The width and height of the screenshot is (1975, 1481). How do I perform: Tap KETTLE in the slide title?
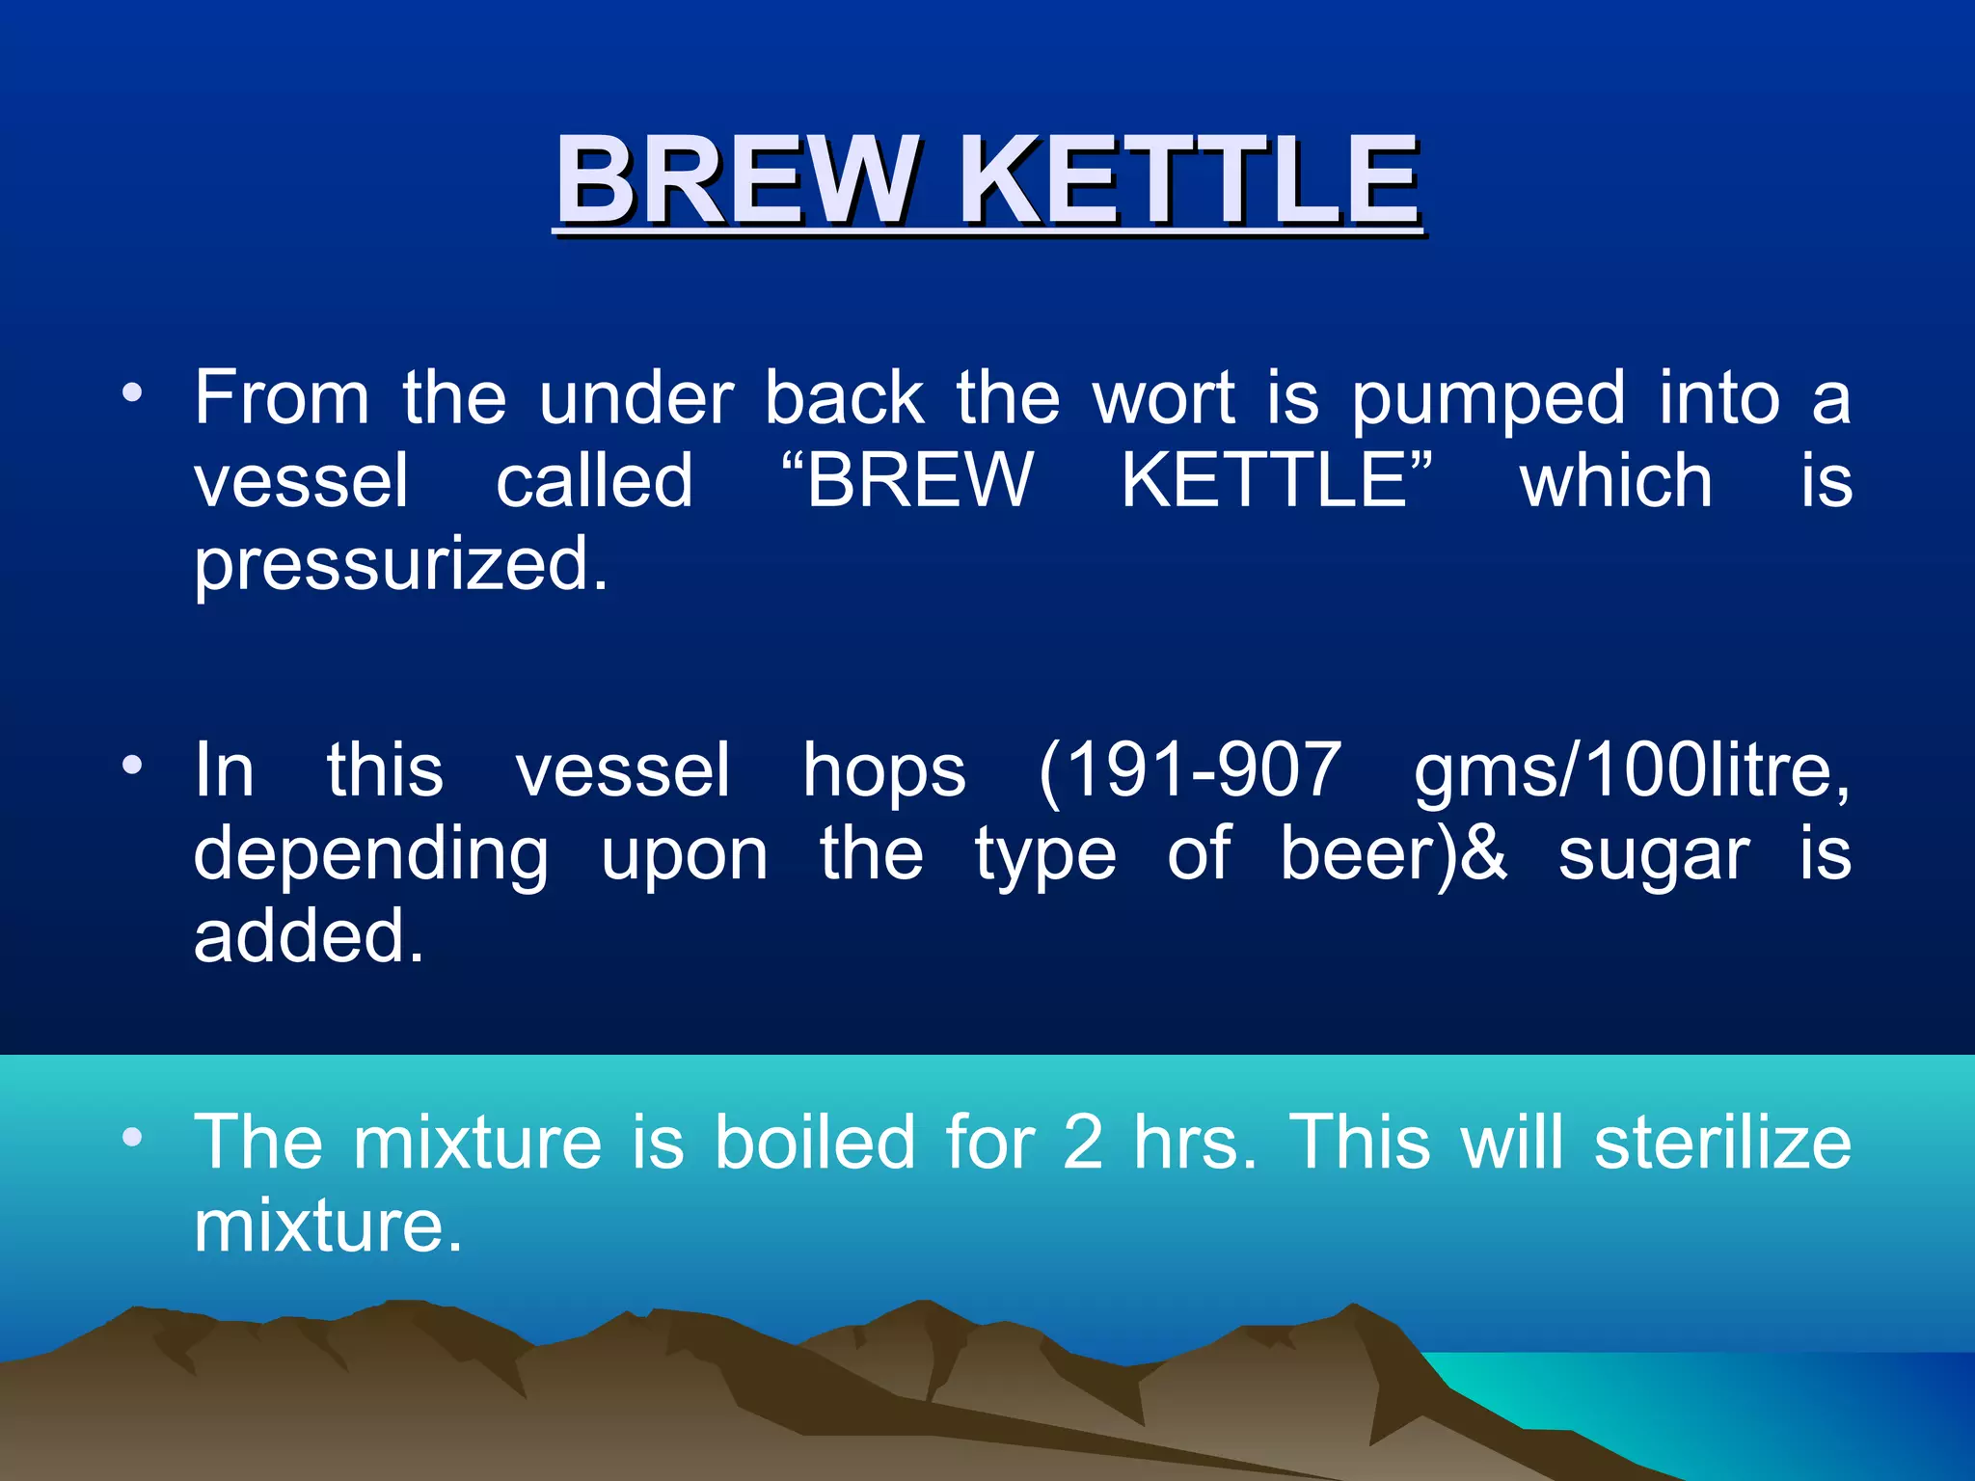coord(1187,180)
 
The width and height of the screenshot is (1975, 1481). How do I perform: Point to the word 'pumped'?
coord(1487,399)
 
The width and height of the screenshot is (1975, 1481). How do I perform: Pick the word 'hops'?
coord(883,771)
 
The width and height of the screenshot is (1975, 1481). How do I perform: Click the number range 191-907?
coord(1190,770)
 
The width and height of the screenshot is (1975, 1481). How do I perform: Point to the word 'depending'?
coord(371,855)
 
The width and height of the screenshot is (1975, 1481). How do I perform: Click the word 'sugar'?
coord(1653,855)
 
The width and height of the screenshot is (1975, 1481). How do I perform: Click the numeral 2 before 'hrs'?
coord(1082,1143)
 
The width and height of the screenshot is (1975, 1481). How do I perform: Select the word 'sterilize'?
coord(1722,1143)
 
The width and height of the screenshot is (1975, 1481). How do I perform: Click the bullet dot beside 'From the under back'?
coord(132,391)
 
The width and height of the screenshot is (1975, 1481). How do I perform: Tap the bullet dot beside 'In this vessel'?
coord(132,766)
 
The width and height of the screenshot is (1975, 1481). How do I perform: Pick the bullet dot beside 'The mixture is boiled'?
coord(132,1137)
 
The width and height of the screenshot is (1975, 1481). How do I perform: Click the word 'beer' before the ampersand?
coord(1358,855)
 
